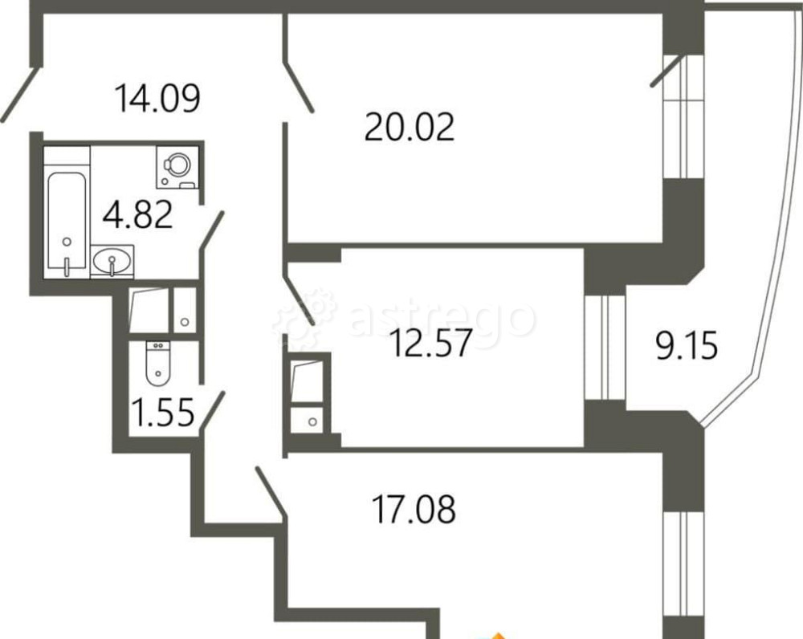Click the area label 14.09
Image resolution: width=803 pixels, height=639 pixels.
tap(157, 98)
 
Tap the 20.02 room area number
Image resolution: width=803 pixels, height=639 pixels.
tap(410, 128)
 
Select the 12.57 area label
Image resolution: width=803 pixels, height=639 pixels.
tap(430, 343)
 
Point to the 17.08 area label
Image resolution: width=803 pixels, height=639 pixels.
tap(414, 509)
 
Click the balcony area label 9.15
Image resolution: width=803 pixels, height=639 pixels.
tap(687, 346)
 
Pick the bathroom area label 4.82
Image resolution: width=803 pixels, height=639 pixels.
tap(138, 215)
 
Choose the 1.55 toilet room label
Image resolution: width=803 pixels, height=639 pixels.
tap(163, 413)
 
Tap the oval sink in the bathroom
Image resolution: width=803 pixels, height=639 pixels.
tap(112, 261)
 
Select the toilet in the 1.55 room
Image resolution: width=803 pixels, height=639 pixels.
tap(157, 364)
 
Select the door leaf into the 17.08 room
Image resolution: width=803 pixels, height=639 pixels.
tap(271, 492)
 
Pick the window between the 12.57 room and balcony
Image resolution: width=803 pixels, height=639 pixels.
tap(605, 347)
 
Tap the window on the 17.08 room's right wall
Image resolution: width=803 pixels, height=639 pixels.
tap(683, 564)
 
